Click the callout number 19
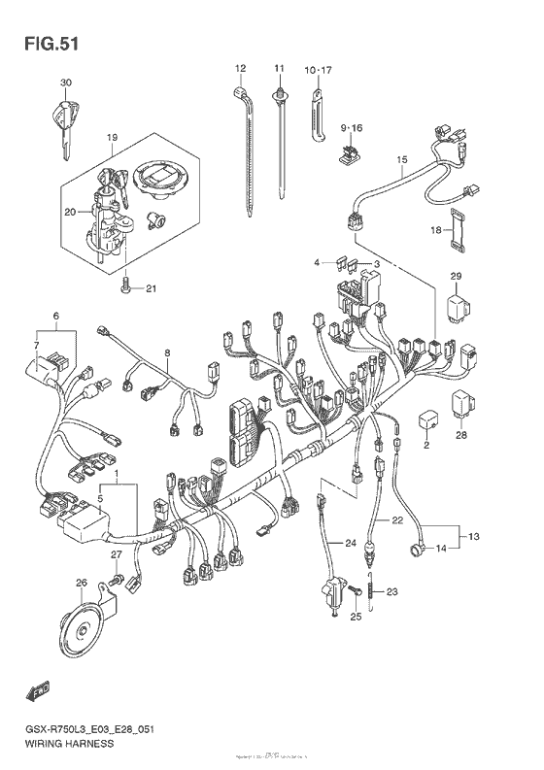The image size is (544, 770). tap(112, 138)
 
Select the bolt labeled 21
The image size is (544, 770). tap(123, 285)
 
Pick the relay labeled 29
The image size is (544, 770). tap(457, 307)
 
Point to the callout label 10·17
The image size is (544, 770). tap(318, 70)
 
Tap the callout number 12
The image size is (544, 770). tap(239, 68)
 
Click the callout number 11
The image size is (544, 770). tap(279, 68)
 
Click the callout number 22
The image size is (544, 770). tap(396, 521)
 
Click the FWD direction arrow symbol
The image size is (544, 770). tap(38, 690)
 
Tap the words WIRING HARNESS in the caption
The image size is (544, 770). tap(66, 743)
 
